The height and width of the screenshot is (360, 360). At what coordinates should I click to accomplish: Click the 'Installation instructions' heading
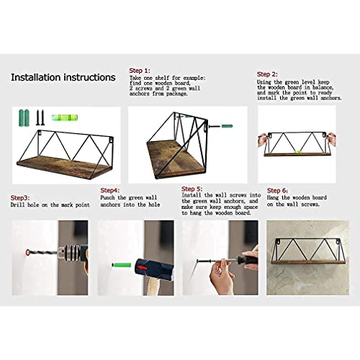click(x=63, y=78)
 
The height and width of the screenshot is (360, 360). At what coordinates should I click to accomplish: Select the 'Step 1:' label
click(x=140, y=71)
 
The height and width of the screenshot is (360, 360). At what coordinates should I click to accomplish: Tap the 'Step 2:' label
click(x=267, y=74)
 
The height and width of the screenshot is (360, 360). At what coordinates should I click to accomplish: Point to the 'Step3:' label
click(x=20, y=198)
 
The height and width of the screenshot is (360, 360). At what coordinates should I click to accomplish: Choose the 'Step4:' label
click(x=110, y=190)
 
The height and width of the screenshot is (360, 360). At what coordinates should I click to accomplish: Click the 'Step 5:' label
click(x=192, y=189)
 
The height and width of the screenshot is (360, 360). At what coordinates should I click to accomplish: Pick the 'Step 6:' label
click(x=277, y=191)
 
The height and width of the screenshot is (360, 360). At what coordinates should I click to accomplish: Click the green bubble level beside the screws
click(x=64, y=117)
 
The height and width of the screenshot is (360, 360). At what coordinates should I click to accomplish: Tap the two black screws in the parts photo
click(x=40, y=117)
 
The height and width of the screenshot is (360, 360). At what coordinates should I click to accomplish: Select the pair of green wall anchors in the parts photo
click(x=24, y=117)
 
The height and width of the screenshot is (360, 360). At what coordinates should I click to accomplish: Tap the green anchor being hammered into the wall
click(x=122, y=265)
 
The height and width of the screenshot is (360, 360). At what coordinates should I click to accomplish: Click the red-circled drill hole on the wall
click(x=27, y=253)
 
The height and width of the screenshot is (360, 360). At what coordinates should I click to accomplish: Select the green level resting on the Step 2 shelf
click(x=297, y=152)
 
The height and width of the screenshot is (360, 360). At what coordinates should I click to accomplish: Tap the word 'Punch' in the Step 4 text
click(x=107, y=198)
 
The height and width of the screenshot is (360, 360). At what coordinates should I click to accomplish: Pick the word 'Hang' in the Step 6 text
click(x=273, y=198)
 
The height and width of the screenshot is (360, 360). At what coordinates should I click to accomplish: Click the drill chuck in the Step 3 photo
click(x=71, y=253)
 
